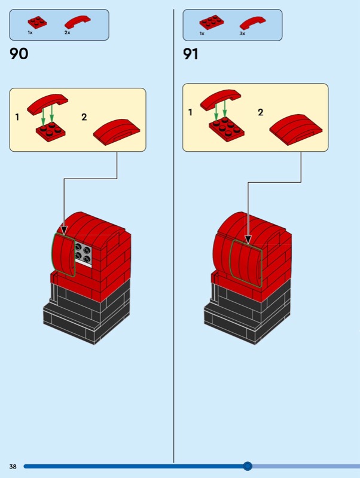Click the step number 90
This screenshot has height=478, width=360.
click(19, 54)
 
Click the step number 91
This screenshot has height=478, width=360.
click(191, 54)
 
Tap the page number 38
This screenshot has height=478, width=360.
click(13, 466)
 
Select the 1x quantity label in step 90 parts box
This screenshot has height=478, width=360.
click(30, 32)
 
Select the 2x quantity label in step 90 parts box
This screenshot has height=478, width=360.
click(67, 32)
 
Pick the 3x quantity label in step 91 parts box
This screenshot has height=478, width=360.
click(242, 33)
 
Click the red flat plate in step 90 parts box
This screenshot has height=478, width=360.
click(38, 22)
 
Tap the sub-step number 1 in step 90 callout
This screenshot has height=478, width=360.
click(17, 117)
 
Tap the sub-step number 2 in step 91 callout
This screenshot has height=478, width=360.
click(260, 112)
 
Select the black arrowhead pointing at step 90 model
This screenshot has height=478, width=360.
click(64, 229)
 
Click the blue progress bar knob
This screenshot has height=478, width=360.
click(248, 466)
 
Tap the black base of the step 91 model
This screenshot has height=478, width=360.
click(246, 311)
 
